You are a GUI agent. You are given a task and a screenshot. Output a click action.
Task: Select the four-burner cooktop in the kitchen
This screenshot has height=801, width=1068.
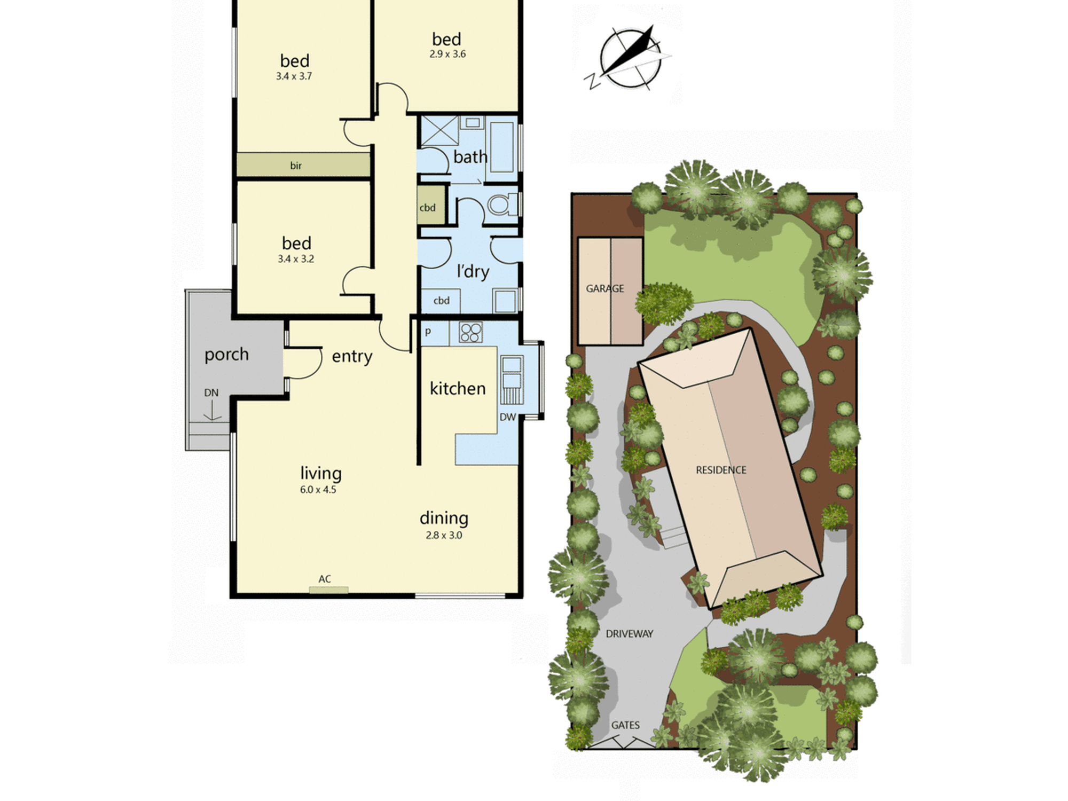coord(471,332)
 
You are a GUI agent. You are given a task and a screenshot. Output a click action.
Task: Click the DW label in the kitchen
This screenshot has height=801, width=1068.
coord(507,417)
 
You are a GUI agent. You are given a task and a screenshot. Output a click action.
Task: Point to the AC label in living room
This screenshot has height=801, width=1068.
coord(325,579)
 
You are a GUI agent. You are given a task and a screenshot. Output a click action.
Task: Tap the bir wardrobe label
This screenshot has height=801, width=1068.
coord(296,166)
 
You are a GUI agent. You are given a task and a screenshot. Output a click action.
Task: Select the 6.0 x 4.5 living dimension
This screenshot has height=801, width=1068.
coord(318,490)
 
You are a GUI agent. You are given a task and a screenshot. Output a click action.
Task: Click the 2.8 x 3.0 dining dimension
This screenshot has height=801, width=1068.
coord(444,535)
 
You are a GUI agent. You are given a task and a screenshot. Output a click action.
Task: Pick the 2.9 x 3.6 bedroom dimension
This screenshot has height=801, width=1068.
coord(447,54)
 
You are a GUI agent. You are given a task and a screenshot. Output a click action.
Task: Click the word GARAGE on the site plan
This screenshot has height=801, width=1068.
coord(605,288)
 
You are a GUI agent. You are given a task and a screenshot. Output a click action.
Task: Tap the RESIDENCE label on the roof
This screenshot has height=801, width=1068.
coord(721,470)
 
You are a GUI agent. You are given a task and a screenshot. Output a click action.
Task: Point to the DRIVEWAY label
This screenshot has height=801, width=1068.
coord(630,634)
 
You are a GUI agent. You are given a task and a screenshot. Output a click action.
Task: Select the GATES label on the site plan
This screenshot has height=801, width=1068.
coord(625,725)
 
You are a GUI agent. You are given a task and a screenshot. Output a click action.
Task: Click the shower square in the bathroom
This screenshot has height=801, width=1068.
coord(440,130)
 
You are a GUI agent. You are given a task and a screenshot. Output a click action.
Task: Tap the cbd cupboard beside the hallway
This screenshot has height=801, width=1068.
coord(431,206)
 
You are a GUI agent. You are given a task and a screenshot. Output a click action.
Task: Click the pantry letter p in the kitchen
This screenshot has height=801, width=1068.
coord(428,332)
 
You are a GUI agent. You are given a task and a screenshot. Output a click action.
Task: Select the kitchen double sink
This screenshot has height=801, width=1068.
coord(512,372)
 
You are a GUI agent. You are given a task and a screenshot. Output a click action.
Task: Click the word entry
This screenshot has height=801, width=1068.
coord(352,356)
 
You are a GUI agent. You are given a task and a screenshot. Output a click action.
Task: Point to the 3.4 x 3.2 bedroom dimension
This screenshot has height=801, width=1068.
coord(296,259)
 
